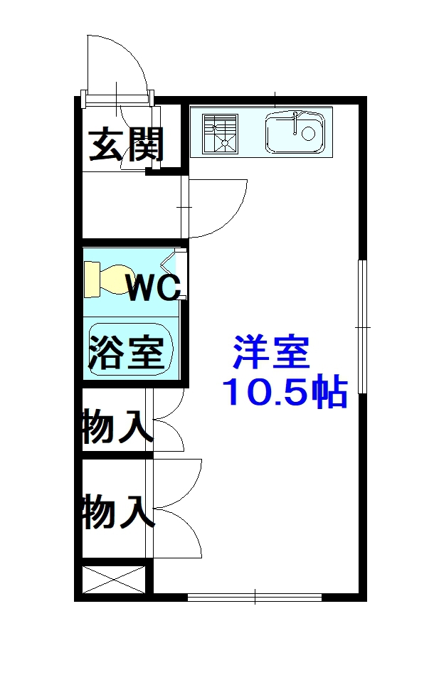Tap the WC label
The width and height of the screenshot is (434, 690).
154,287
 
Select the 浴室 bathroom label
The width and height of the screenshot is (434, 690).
127,351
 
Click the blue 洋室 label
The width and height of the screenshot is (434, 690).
272,352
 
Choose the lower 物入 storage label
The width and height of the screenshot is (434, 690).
118,511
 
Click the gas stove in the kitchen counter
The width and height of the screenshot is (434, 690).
220,134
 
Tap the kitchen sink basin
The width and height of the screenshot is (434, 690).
295,132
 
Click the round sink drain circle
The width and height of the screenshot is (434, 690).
307,132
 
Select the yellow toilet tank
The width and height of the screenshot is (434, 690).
92,280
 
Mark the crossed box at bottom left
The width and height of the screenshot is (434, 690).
114,580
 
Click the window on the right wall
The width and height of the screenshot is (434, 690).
362,326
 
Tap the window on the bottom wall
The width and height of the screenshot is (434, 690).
255,597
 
